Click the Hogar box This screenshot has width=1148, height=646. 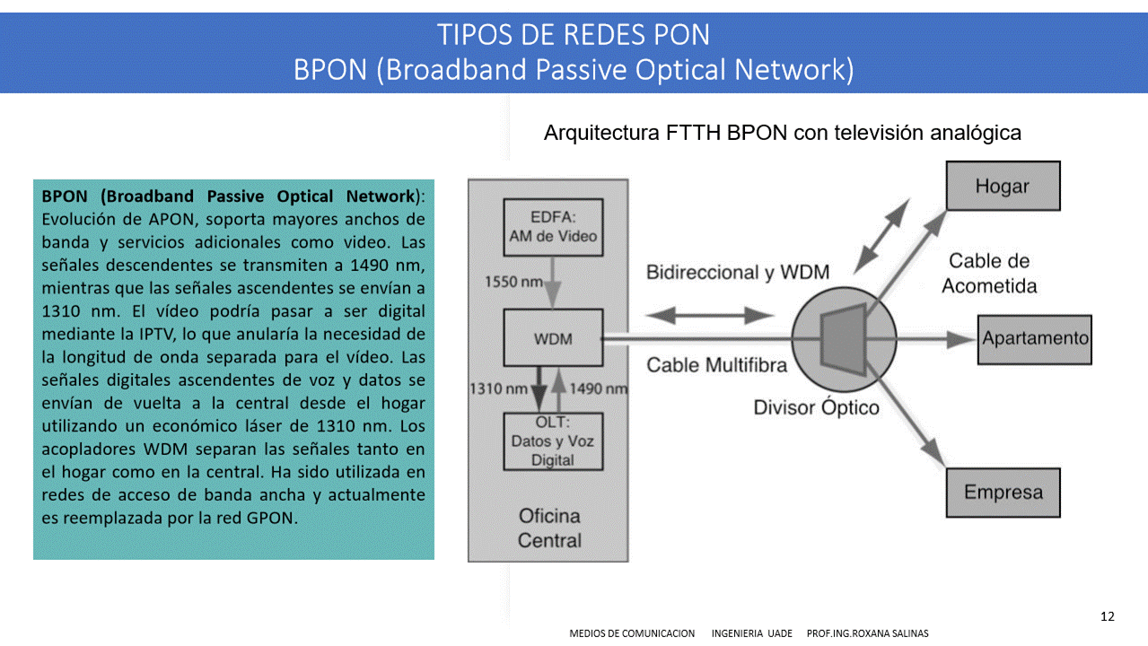point(1003,186)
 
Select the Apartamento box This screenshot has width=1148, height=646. point(1034,338)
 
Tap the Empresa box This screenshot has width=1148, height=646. point(1003,492)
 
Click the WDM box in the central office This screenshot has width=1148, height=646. point(553,339)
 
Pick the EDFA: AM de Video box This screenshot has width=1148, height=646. point(553,226)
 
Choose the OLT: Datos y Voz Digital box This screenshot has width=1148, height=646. point(553,441)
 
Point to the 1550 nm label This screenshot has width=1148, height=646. point(513,282)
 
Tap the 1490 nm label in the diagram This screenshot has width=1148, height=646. point(599,388)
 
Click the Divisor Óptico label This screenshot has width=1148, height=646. point(816,408)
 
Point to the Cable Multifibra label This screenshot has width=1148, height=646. point(717,364)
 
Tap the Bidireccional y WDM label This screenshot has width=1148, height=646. point(738,272)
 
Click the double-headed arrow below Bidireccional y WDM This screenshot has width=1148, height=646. point(709,315)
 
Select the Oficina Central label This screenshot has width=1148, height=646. point(549,528)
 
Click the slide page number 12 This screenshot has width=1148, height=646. point(1107,616)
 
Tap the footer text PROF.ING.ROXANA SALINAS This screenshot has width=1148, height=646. point(868,633)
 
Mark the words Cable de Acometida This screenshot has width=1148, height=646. point(989,274)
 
